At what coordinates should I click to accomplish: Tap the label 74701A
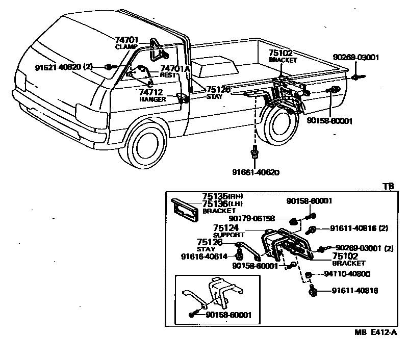(x=175, y=68)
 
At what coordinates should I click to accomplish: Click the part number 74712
(x=151, y=92)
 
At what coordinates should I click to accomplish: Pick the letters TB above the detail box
(x=389, y=187)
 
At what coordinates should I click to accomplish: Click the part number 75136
(x=214, y=203)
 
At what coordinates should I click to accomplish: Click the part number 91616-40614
(x=206, y=256)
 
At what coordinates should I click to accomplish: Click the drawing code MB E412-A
(x=376, y=332)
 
